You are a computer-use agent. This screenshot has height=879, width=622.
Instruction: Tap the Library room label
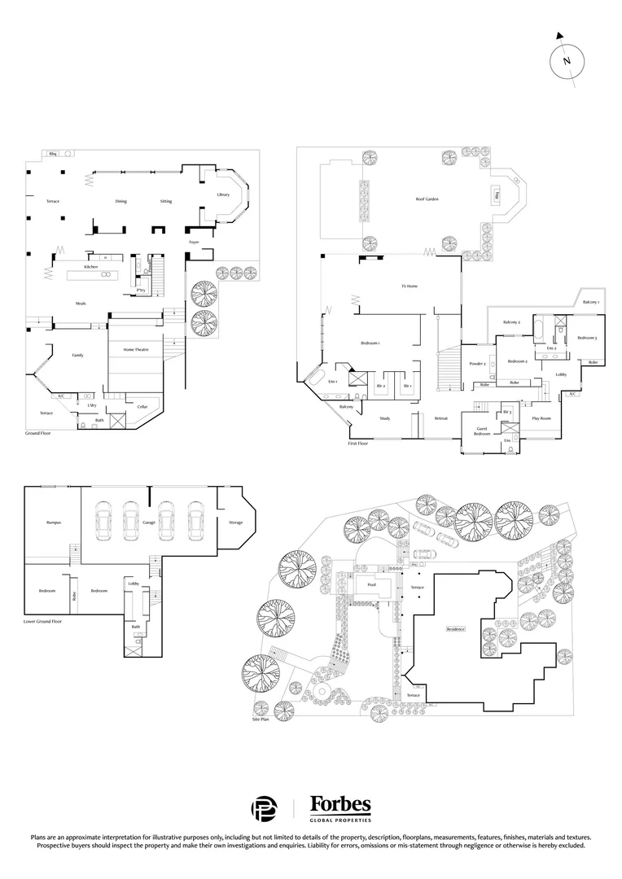point(223,195)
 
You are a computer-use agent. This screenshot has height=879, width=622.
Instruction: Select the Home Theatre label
point(135,349)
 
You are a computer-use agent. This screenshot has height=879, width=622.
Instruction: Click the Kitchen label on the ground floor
point(91,267)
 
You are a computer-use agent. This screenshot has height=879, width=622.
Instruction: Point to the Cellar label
point(142,406)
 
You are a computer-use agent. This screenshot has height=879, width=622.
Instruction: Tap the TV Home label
point(409,286)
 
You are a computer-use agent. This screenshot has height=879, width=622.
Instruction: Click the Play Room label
point(541,418)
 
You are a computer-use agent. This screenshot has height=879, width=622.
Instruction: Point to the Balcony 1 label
point(591,302)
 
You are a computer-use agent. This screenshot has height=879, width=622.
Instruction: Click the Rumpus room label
point(54,523)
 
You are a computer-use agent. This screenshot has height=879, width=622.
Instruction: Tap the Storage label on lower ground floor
point(235,523)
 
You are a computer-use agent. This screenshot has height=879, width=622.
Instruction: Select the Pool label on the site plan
point(371,584)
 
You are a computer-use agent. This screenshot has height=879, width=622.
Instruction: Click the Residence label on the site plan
point(456,629)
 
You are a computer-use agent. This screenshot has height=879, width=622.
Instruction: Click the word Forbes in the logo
point(340,805)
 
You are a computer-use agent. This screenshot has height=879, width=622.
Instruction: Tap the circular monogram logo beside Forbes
point(264,808)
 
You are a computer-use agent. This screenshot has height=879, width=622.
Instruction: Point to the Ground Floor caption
point(39,435)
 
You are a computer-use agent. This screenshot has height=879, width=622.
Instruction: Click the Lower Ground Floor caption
point(45,620)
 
